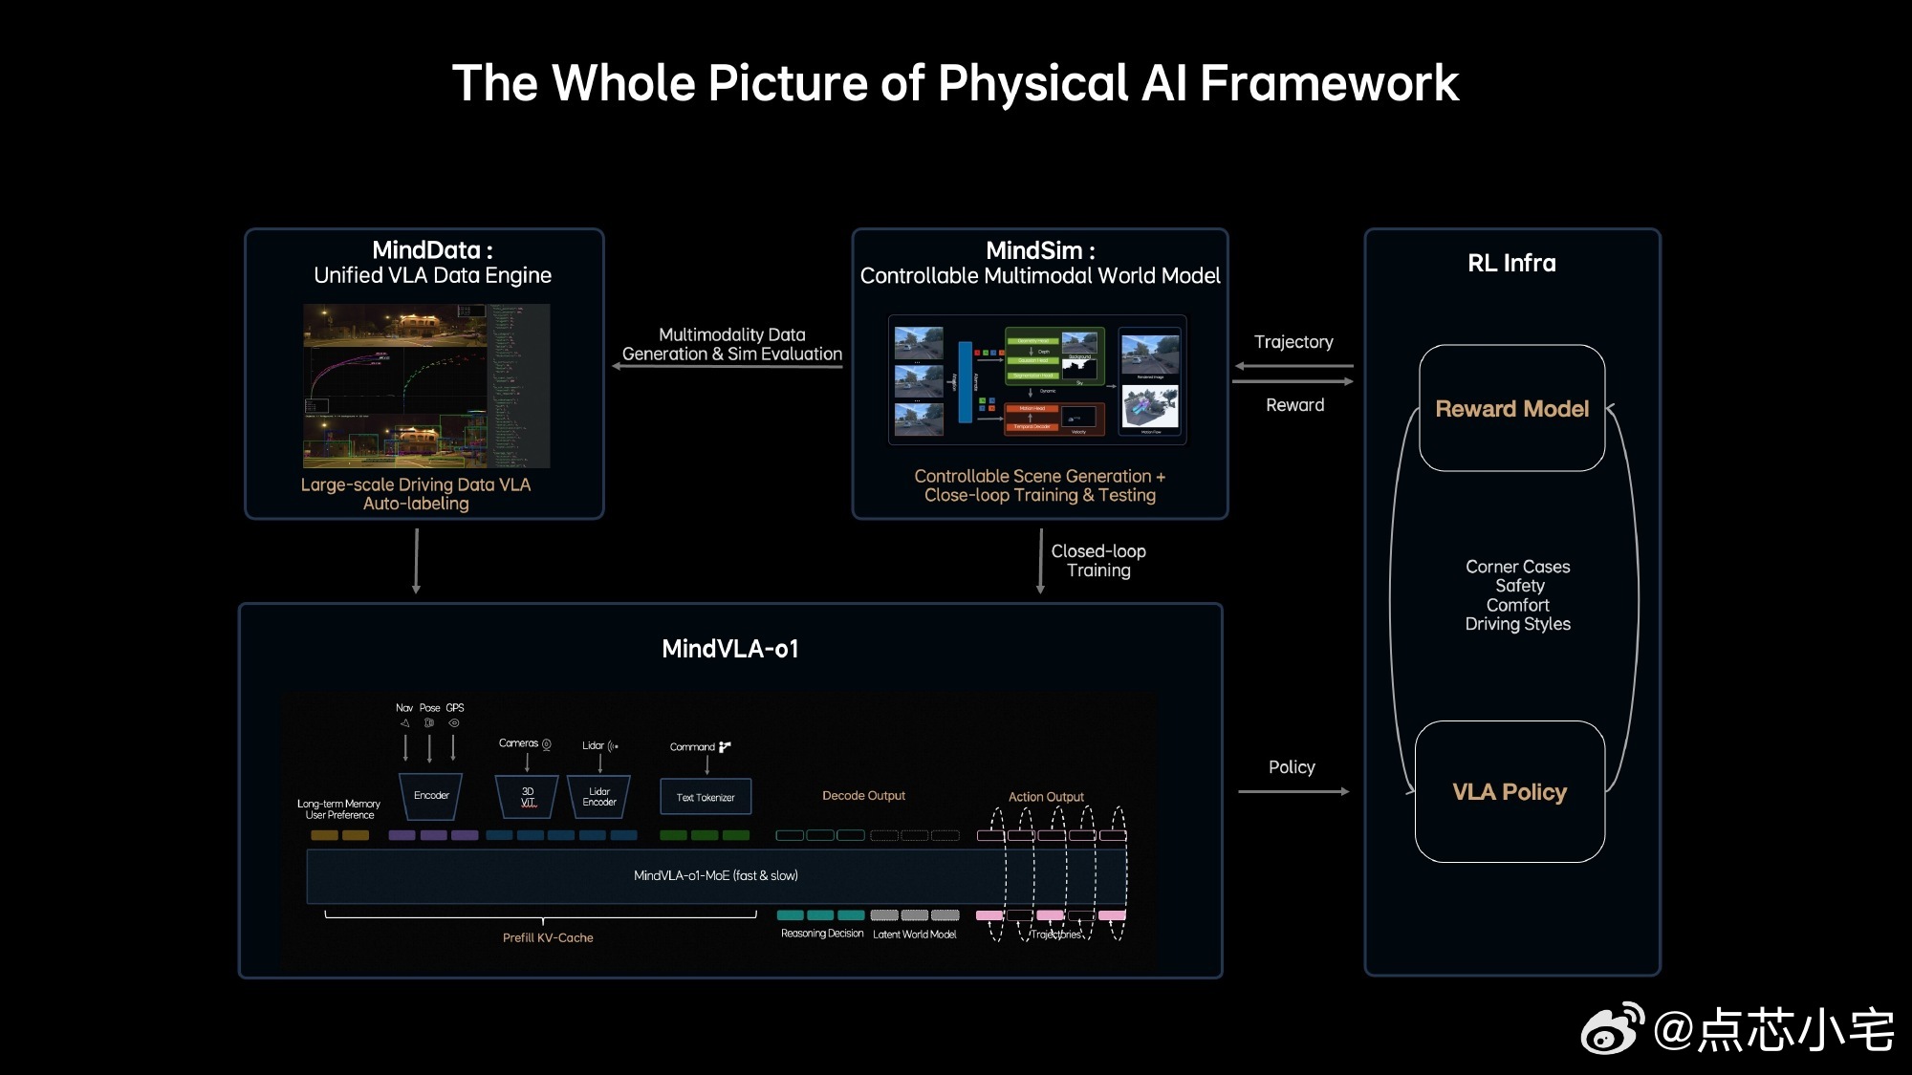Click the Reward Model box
point(1511,408)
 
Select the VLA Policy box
point(1510,791)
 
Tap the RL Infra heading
point(1511,263)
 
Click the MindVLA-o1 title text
point(729,649)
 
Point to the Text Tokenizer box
point(706,797)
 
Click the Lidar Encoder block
point(599,797)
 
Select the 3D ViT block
point(528,797)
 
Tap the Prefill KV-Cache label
point(548,937)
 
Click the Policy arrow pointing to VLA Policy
point(1293,791)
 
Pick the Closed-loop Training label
point(1098,561)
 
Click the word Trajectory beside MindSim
point(1293,342)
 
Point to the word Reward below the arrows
point(1295,405)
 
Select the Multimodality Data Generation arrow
point(728,366)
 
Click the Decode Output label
point(863,795)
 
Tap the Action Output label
point(1046,797)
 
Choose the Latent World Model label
point(914,935)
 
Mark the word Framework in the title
point(1329,83)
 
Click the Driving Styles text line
point(1517,624)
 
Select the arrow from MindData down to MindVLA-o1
point(416,561)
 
